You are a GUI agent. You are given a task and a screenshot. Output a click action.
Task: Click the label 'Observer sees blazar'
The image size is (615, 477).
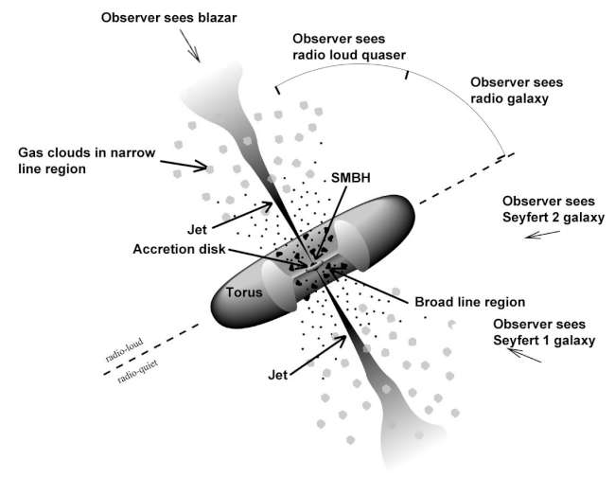pos(168,18)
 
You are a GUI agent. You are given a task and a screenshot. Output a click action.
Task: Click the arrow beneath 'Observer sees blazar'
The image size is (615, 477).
pos(190,48)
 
